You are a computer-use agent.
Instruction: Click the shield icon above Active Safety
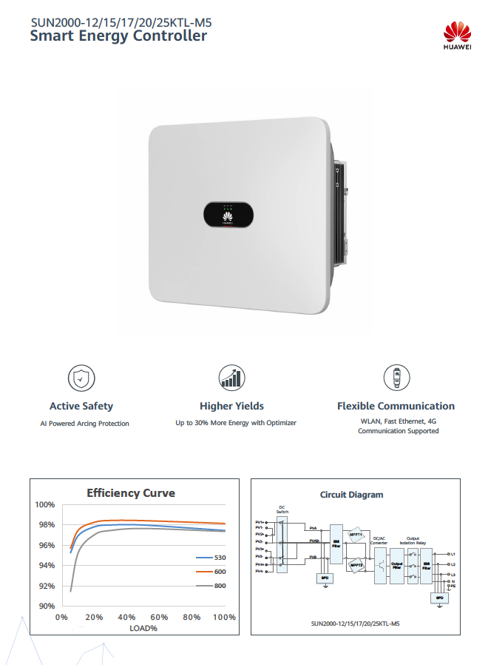81,378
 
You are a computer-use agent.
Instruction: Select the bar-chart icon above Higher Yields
231,378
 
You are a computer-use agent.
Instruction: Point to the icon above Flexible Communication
396,378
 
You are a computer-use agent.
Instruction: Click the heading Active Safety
81,406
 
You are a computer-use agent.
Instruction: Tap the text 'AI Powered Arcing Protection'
84,424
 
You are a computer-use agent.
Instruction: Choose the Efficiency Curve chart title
131,493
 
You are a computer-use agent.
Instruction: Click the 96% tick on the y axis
46,546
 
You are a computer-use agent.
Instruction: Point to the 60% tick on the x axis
160,618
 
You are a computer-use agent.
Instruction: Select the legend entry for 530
211,557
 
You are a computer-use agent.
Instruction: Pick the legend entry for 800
211,586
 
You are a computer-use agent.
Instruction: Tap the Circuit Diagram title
351,495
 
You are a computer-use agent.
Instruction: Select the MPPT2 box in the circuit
357,564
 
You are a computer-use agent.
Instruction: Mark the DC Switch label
282,509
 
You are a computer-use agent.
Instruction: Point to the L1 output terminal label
453,554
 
